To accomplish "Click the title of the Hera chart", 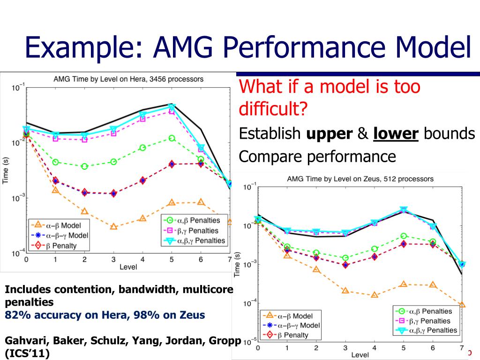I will click(128, 79).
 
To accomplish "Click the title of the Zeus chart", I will click(360, 179).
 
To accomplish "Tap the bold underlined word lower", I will click(396, 134).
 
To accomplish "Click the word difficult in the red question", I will click(270, 109).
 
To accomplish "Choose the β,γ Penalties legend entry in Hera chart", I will click(195, 230).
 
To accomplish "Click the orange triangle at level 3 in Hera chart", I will click(113, 226).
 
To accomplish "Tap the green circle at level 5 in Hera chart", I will click(172, 138).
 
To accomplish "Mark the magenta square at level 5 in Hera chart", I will click(172, 111).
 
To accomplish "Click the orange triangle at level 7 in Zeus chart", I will click(462, 305).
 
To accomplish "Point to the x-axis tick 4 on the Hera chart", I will click(142, 260).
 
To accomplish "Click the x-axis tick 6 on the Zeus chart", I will click(433, 348).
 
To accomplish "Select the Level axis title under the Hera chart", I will click(128, 267).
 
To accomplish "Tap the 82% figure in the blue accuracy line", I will click(15, 315).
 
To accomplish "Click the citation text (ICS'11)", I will click(27, 353).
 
